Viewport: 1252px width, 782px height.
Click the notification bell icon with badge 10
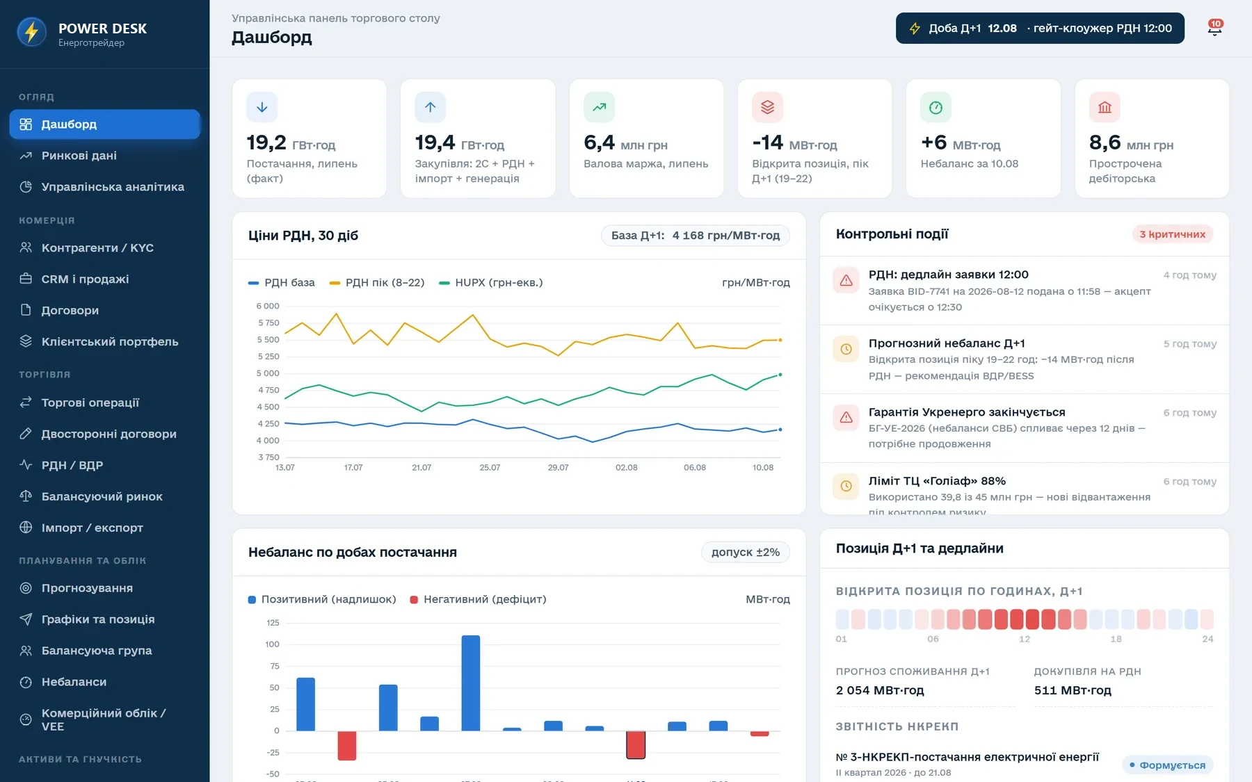1214,28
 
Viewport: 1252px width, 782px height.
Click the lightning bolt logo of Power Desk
31,32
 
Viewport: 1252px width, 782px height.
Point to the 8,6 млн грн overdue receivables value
1131,142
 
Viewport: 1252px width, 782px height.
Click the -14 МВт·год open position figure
794,142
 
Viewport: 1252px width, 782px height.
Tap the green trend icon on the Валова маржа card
599,107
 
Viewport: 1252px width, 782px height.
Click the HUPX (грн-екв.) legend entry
491,282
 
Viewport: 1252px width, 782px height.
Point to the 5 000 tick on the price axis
268,373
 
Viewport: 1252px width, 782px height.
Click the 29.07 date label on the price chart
558,467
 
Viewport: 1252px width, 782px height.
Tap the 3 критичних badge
1172,234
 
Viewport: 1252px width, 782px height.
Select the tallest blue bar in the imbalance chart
471,683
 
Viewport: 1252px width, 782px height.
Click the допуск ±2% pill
746,552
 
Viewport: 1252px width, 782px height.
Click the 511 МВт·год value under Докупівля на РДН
1073,690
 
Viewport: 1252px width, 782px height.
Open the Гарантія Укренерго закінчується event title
967,412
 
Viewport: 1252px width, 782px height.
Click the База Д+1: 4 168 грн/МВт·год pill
696,236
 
